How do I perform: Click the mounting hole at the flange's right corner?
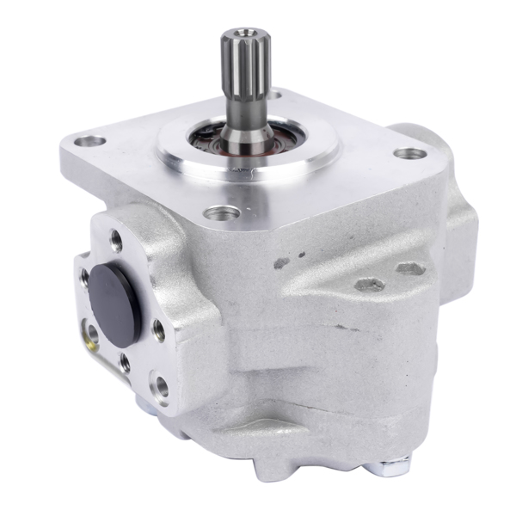410,155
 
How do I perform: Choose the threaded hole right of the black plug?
159,327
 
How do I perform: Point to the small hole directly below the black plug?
126,362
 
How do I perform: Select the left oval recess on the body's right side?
368,284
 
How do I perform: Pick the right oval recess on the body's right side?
411,270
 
